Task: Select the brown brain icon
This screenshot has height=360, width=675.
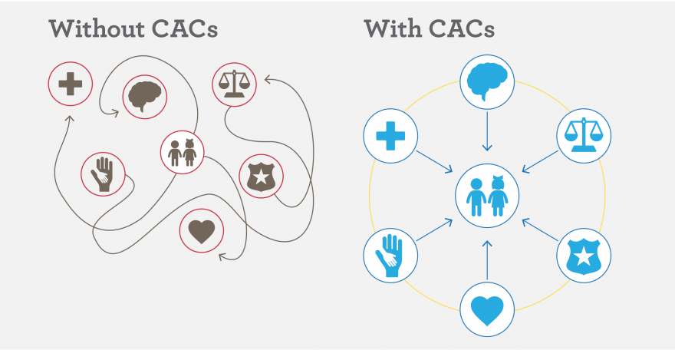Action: (x=145, y=96)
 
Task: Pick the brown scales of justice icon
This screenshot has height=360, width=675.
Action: (x=233, y=81)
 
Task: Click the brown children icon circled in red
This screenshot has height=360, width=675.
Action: (x=183, y=151)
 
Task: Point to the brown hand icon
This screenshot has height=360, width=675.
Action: (x=103, y=173)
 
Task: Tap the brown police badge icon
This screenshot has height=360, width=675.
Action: (x=262, y=177)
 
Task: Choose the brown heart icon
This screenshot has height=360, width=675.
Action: (x=201, y=232)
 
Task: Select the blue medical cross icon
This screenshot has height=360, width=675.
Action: (x=390, y=136)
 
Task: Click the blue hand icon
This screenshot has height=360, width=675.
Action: (x=390, y=254)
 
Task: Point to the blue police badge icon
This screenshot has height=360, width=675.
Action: (x=582, y=253)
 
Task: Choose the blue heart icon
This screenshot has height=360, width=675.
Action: (x=486, y=309)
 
